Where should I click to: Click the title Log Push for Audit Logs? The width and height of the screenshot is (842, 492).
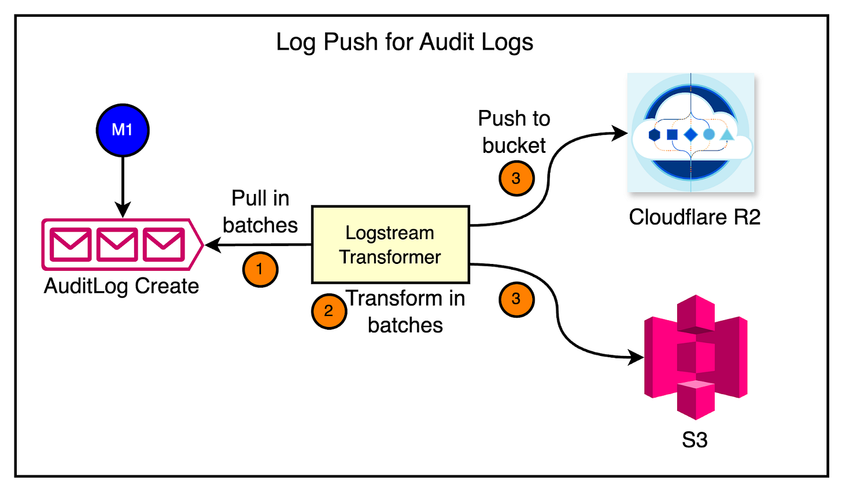404,42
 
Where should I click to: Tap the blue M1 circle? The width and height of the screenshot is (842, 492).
122,130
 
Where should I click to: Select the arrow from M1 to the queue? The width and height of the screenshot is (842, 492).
123,185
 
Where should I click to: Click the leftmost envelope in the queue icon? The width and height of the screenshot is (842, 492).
71,244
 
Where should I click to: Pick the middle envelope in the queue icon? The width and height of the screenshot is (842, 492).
117,244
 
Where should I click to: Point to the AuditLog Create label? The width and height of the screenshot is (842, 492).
121,286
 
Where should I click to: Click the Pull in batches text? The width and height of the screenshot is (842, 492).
260,211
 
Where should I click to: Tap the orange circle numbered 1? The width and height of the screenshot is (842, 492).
260,269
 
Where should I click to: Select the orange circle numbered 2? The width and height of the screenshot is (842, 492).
328,311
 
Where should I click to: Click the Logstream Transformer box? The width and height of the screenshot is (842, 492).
390,244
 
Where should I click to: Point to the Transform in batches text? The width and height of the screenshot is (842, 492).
405,311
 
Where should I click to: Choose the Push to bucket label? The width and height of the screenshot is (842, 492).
514,132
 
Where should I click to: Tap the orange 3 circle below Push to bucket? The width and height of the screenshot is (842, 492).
516,178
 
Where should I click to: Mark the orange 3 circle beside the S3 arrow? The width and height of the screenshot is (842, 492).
516,299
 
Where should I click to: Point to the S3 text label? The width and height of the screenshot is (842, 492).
695,440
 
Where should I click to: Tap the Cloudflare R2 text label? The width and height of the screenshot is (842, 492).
694,217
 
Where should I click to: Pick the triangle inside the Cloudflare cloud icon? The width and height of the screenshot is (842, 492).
726,135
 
